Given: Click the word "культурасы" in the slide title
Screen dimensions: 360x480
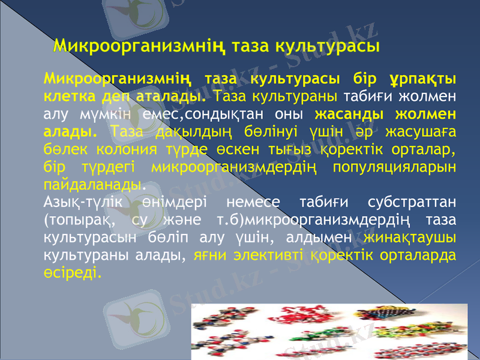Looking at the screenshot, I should click(x=327, y=46).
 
